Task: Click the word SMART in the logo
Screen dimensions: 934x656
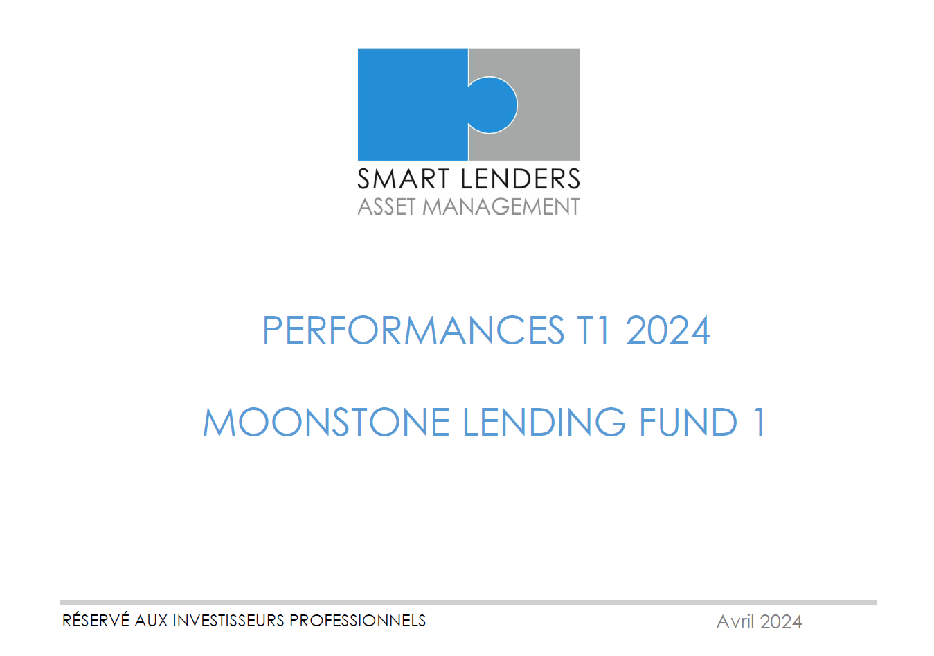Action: pyautogui.click(x=403, y=179)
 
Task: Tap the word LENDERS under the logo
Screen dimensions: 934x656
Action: pyautogui.click(x=521, y=179)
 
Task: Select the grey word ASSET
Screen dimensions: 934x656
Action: pyautogui.click(x=386, y=206)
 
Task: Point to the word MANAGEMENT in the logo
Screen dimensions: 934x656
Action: pyautogui.click(x=501, y=206)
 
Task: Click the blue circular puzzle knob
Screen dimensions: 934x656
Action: pyautogui.click(x=494, y=105)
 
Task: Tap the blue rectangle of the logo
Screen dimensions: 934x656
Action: pyautogui.click(x=413, y=105)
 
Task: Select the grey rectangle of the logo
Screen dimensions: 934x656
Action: pyautogui.click(x=546, y=105)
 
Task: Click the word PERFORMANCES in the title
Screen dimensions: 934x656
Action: pyautogui.click(x=413, y=330)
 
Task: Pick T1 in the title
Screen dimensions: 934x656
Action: pyautogui.click(x=593, y=330)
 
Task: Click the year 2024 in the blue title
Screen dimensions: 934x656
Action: pyautogui.click(x=668, y=330)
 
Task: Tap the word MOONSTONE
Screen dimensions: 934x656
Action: pyautogui.click(x=326, y=422)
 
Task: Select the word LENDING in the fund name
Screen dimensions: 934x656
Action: pyautogui.click(x=544, y=422)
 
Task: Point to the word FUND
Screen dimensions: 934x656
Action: pyautogui.click(x=688, y=422)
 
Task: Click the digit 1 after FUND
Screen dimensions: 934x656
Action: pyautogui.click(x=760, y=422)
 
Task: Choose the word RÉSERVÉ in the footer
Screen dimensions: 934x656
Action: pyautogui.click(x=96, y=620)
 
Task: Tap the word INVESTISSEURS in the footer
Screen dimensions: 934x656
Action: pyautogui.click(x=228, y=621)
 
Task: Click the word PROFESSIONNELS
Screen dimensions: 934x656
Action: pyautogui.click(x=358, y=621)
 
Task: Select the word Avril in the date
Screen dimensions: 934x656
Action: pyautogui.click(x=735, y=622)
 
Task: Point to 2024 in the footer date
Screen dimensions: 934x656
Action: pyautogui.click(x=781, y=622)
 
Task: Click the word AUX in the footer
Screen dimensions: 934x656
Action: pyautogui.click(x=151, y=621)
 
